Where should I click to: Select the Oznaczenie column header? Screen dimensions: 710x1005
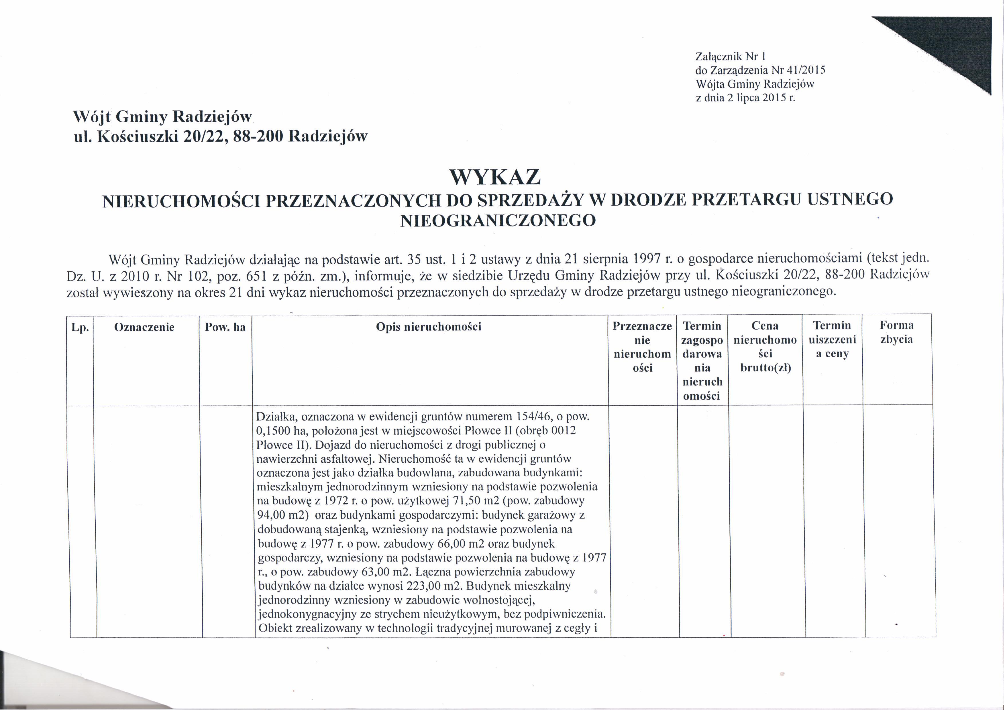click(144, 327)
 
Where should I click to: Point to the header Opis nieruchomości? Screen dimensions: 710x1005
click(429, 327)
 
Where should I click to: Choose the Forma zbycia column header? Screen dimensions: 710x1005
click(896, 332)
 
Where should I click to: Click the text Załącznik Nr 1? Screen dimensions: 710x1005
click(730, 56)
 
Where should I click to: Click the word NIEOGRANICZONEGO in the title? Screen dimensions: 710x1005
click(498, 220)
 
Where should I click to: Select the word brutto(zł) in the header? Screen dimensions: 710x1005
click(765, 368)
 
